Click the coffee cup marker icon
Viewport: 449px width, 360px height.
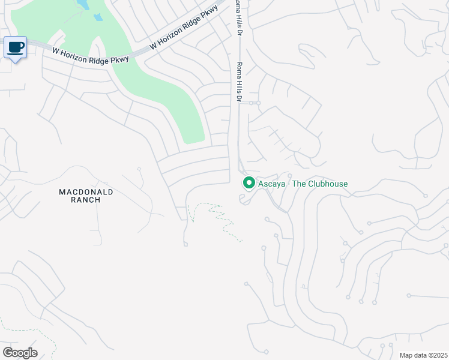click(x=16, y=47)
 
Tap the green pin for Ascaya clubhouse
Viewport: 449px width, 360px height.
click(x=249, y=182)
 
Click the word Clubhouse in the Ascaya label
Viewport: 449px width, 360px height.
click(x=325, y=184)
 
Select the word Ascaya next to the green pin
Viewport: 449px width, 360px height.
click(x=271, y=184)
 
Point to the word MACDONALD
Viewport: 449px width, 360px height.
click(x=86, y=192)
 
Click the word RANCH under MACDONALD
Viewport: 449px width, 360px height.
click(x=86, y=200)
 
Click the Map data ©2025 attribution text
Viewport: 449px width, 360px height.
click(x=424, y=355)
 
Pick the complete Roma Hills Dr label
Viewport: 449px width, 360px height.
click(x=239, y=82)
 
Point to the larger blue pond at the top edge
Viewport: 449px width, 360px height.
click(x=83, y=5)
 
